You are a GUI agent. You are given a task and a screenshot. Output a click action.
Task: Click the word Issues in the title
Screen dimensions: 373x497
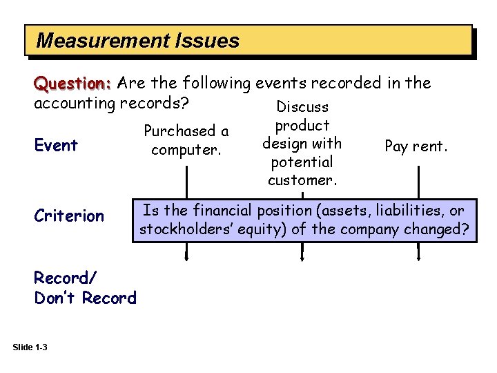tap(207, 41)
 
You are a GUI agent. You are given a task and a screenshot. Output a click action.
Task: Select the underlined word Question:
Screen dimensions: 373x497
tap(73, 84)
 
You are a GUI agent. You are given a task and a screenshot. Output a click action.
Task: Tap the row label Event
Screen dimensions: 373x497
tap(56, 145)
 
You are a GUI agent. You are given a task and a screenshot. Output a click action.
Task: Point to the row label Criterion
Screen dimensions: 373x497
tap(69, 216)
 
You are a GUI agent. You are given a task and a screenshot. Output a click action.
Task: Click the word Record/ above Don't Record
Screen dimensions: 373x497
tap(66, 278)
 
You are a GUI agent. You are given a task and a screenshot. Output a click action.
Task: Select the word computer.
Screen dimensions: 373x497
tap(185, 149)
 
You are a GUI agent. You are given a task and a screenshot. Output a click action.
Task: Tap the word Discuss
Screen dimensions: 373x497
tap(302, 107)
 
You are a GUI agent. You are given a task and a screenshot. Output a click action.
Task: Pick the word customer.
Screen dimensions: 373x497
tap(301, 180)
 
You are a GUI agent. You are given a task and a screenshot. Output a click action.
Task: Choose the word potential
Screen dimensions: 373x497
tap(302, 162)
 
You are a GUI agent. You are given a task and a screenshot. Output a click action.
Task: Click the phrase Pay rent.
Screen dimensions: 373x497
tap(416, 146)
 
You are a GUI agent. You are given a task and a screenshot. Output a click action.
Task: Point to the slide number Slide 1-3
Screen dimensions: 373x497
tap(30, 347)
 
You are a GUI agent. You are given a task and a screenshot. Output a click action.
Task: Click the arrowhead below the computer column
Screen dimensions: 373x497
tap(186, 258)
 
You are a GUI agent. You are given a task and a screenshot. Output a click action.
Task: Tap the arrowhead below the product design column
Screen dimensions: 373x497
tap(302, 258)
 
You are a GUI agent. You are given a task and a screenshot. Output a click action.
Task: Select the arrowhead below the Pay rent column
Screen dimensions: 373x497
tap(418, 258)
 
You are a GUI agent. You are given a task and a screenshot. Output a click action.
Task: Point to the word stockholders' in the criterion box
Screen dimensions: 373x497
tap(182, 229)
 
